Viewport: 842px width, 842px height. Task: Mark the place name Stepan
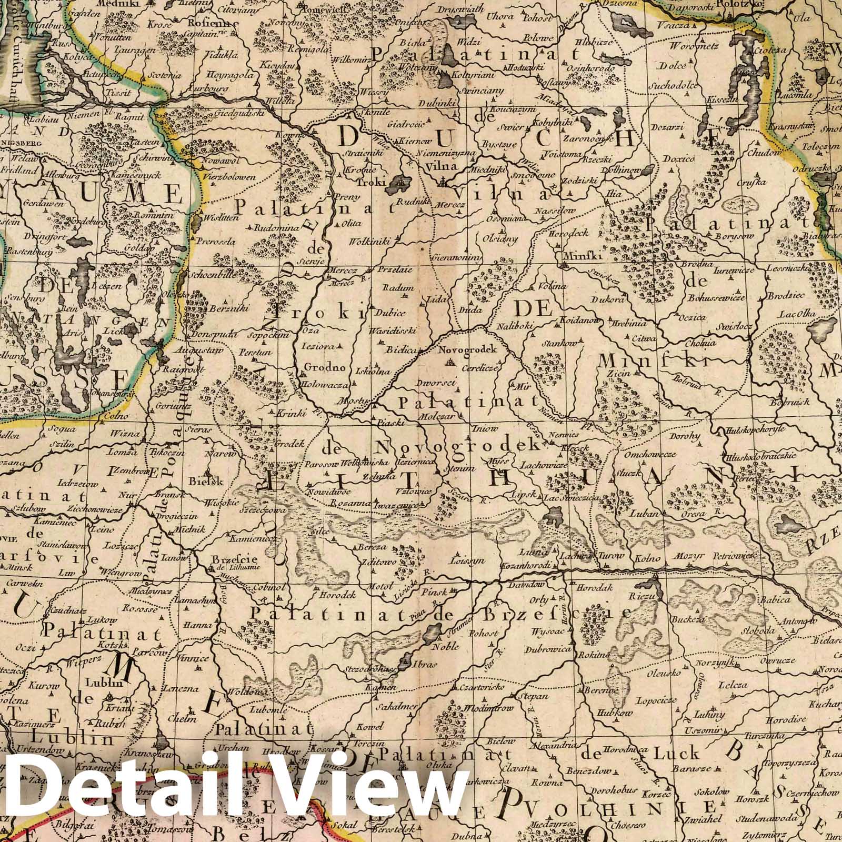coord(534,696)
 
